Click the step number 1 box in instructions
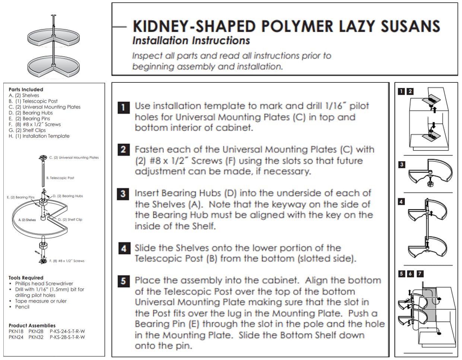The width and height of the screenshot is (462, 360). (x=124, y=107)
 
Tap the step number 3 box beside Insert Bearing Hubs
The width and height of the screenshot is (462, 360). (x=124, y=194)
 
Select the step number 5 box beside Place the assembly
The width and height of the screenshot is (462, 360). (x=124, y=281)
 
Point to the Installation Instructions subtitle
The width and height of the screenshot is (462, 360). (x=191, y=41)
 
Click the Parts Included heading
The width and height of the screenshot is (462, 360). (x=26, y=89)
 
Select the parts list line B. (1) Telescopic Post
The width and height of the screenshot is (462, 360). (x=33, y=101)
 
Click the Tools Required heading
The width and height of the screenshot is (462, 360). (x=26, y=278)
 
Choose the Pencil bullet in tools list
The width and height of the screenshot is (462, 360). (x=22, y=307)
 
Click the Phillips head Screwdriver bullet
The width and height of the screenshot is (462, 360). (x=44, y=284)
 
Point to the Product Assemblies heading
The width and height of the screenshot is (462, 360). (x=32, y=325)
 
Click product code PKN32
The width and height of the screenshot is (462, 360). (x=36, y=337)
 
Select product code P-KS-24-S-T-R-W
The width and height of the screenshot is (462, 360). (x=67, y=331)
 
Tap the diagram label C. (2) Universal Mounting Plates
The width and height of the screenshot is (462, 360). (x=74, y=158)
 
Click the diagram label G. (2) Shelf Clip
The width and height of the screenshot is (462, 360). (x=70, y=220)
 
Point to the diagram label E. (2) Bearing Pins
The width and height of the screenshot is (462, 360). (x=20, y=197)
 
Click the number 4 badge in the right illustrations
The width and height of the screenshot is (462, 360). (x=401, y=202)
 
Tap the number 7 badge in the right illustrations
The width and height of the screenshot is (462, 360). (x=420, y=274)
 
